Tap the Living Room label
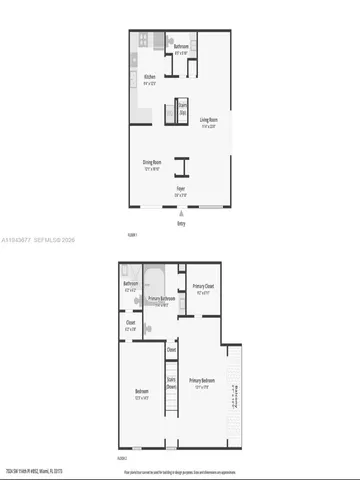(209, 124)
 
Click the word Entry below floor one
(181, 223)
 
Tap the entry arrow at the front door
(181, 212)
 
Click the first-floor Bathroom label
(181, 47)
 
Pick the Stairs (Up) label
(183, 112)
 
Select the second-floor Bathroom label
(130, 284)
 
